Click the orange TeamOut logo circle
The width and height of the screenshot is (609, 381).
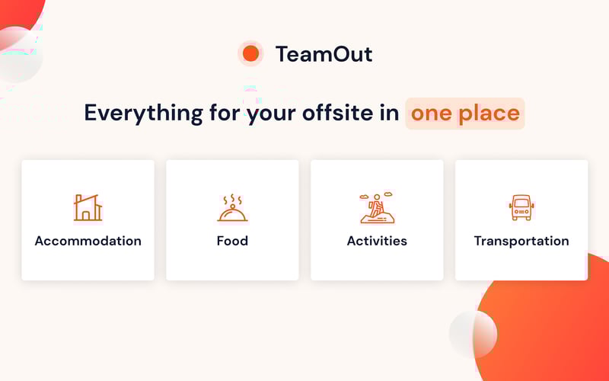tap(250, 53)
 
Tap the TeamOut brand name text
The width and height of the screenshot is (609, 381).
tap(324, 54)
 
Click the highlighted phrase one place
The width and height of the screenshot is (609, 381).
tap(465, 114)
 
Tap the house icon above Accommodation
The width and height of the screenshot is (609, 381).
tap(88, 207)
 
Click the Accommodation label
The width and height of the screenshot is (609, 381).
tap(88, 241)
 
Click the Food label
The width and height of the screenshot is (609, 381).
tap(232, 241)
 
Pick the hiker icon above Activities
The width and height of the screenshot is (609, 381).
tap(376, 208)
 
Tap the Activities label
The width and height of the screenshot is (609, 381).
tap(377, 241)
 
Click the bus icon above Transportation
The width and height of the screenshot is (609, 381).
tap(521, 207)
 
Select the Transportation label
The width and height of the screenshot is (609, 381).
tap(521, 241)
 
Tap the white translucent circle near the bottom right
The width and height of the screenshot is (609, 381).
tap(473, 334)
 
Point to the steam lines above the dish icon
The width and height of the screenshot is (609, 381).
tap(231, 198)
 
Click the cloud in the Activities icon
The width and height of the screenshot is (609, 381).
tap(367, 196)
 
